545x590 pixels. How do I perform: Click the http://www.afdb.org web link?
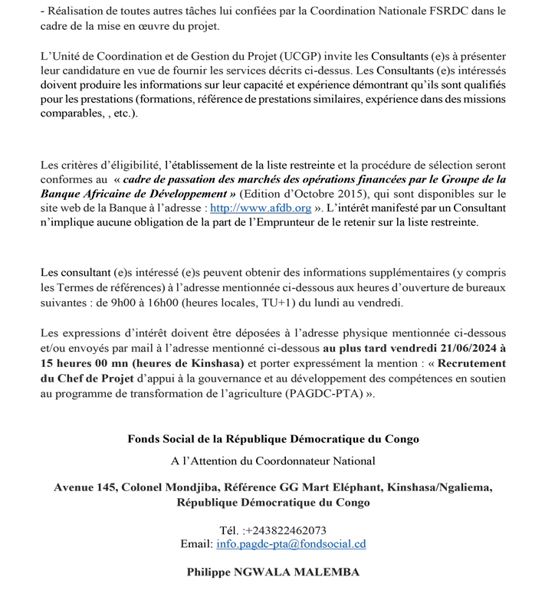pos(260,208)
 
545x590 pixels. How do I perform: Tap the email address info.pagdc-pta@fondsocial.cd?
pos(291,544)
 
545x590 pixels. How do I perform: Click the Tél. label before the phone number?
pos(229,530)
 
